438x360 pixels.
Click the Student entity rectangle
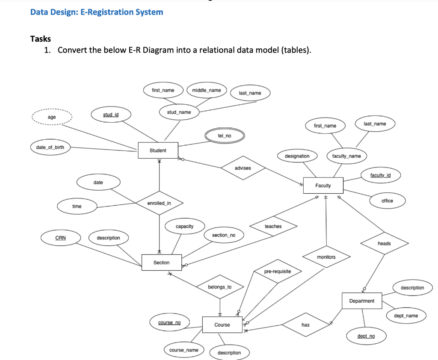coord(158,150)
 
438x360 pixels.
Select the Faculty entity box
coord(323,185)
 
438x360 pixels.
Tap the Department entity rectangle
coord(361,301)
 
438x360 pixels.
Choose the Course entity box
coord(222,325)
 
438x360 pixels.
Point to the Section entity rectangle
coord(161,263)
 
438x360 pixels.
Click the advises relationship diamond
coord(243,168)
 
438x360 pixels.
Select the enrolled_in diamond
coord(159,203)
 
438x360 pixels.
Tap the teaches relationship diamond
coord(273,226)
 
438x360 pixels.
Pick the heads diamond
coord(384,243)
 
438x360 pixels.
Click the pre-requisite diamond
coord(277,271)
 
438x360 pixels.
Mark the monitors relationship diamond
coord(326,257)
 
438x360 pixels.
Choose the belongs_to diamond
coord(219,287)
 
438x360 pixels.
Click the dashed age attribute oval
coord(51,117)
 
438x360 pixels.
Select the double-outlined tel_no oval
coord(225,136)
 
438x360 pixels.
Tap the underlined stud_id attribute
coord(111,114)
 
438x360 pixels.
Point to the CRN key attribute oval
coord(61,238)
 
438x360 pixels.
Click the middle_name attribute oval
coord(207,90)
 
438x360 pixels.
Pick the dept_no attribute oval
coord(366,336)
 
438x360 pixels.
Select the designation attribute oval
coord(297,156)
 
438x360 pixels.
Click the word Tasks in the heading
coord(41,39)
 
